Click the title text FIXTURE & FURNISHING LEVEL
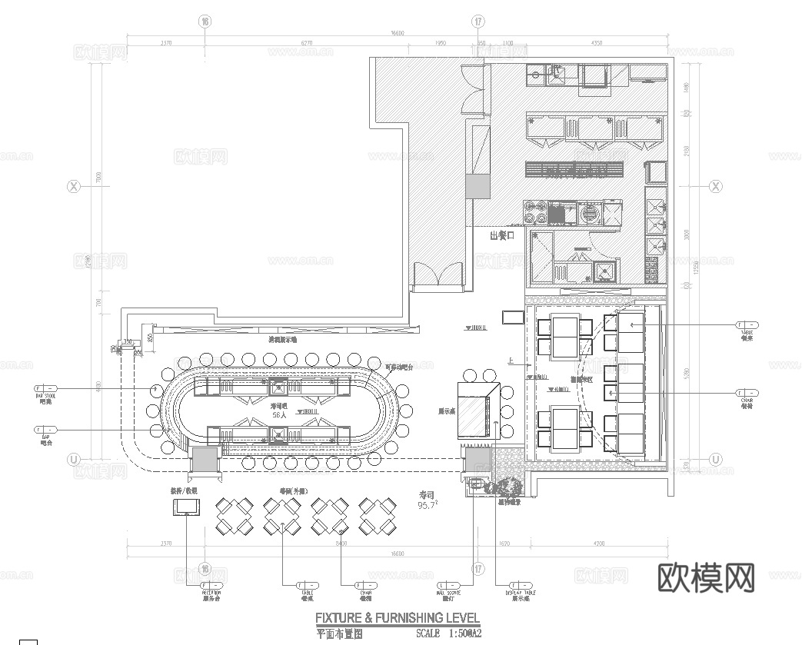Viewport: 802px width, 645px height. (x=398, y=617)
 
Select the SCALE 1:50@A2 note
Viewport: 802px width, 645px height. (x=448, y=633)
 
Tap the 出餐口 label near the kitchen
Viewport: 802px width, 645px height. (x=501, y=236)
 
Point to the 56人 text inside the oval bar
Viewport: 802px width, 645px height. (x=280, y=414)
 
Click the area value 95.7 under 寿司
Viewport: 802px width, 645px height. (x=427, y=506)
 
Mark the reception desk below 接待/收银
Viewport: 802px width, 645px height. (x=187, y=506)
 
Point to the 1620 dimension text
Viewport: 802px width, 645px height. (x=504, y=545)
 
